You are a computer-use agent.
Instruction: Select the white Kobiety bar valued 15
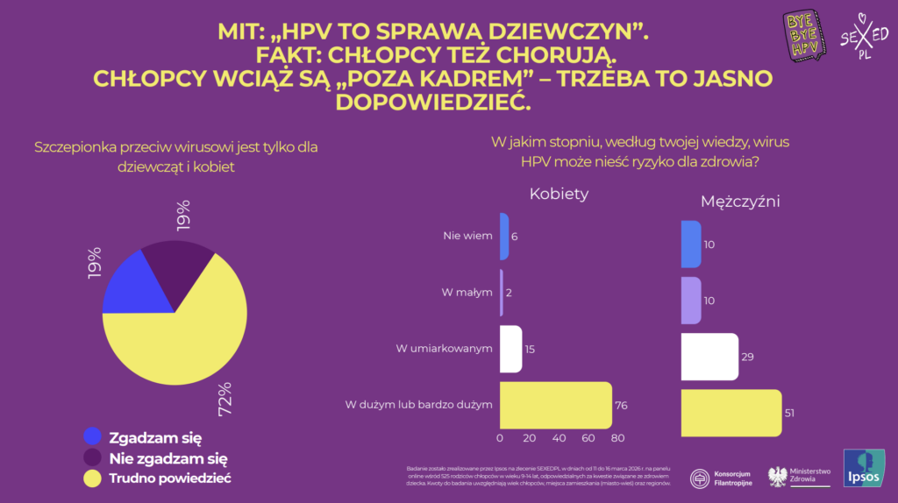510,349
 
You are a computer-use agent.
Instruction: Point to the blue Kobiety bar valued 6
504,236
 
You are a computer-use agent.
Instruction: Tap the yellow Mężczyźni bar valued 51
731,413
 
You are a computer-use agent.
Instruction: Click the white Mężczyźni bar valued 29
709,356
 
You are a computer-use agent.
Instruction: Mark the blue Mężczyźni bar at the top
691,244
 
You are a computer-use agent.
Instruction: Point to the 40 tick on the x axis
559,438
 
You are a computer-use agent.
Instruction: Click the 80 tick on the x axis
617,438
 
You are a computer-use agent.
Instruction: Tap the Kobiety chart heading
559,194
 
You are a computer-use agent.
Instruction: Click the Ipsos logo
863,468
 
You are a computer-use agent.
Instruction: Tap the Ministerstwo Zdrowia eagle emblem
776,476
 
